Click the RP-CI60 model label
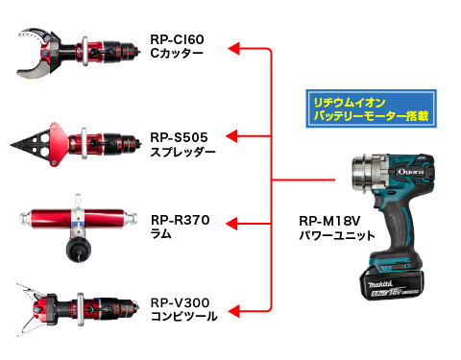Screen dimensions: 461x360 point(177,39)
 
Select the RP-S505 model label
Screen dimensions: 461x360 point(179,137)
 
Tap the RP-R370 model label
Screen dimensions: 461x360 point(181,220)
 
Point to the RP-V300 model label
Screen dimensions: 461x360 point(181,302)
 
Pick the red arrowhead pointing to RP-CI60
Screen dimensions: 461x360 point(233,49)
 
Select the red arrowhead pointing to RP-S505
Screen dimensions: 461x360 point(231,136)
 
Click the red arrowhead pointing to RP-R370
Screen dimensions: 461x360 point(231,224)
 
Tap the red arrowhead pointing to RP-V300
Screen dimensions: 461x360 point(233,311)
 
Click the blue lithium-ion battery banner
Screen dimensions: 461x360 point(372,108)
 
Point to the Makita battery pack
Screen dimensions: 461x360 point(392,284)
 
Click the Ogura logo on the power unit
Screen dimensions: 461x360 point(411,172)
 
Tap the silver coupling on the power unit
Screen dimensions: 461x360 point(367,175)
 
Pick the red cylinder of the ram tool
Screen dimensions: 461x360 point(77,219)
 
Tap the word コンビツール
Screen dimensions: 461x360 point(184,317)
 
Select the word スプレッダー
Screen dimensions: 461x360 point(182,152)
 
